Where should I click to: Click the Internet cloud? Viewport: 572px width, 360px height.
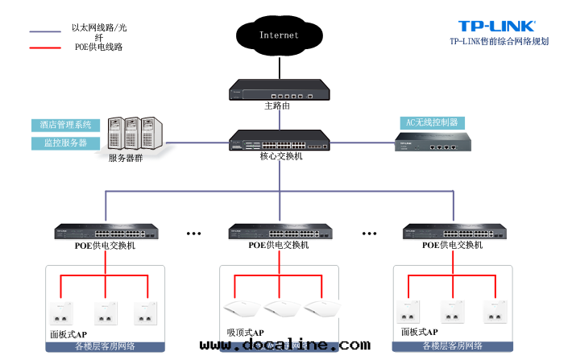pyautogui.click(x=279, y=35)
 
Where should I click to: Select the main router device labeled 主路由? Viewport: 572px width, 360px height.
pyautogui.click(x=278, y=89)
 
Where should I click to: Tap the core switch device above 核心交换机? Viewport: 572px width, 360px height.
pyautogui.click(x=278, y=140)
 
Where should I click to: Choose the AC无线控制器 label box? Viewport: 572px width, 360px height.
pyautogui.click(x=433, y=122)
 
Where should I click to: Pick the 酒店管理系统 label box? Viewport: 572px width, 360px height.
pyautogui.click(x=66, y=125)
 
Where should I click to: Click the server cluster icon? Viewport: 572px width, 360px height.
pyautogui.click(x=137, y=134)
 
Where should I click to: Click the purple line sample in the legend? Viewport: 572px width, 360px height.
pyautogui.click(x=45, y=32)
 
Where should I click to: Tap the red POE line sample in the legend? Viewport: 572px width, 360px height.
pyautogui.click(x=45, y=48)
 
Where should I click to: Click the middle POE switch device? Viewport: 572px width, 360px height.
pyautogui.click(x=278, y=232)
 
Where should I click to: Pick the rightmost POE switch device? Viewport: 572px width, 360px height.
pyautogui.click(x=451, y=232)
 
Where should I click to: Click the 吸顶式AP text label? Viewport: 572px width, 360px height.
pyautogui.click(x=245, y=332)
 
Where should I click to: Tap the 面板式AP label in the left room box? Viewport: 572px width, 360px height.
pyautogui.click(x=68, y=333)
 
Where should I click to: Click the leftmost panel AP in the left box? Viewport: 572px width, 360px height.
pyautogui.click(x=59, y=313)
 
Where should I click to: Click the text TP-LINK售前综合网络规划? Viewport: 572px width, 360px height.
pyautogui.click(x=499, y=41)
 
